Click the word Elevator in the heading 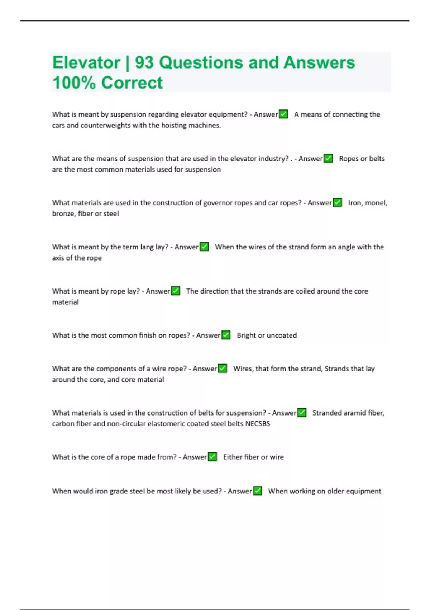click(x=86, y=63)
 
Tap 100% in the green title click(x=74, y=83)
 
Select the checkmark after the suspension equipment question click(x=283, y=114)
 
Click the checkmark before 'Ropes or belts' click(x=328, y=158)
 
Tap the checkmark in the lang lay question click(x=204, y=247)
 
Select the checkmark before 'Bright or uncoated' click(x=226, y=335)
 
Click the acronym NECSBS click(x=258, y=424)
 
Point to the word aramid click(x=354, y=413)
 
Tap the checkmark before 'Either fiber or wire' click(x=212, y=457)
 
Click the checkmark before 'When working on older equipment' click(x=258, y=491)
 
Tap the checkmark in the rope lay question click(x=176, y=291)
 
